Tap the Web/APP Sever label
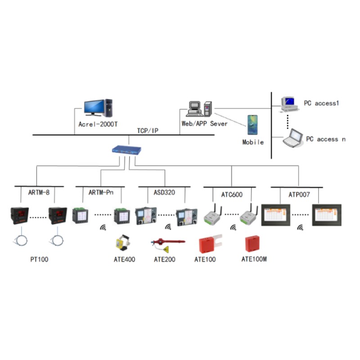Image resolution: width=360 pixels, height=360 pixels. coord(204,123)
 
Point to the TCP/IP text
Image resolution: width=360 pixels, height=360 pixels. coord(148,130)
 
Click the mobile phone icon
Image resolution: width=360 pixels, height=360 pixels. coord(252,124)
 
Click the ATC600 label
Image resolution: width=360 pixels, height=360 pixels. coord(232,194)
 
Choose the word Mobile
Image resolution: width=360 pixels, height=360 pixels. coord(253,142)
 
